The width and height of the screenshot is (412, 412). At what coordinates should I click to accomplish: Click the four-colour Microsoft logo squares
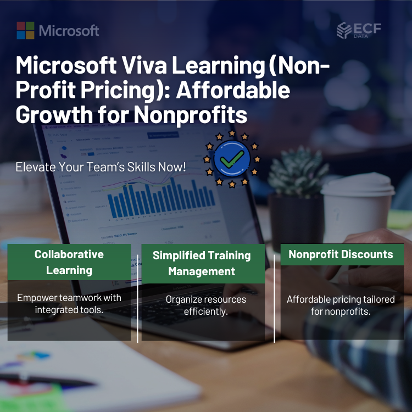(x=25, y=30)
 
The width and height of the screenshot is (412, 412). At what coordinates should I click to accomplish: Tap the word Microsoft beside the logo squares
(x=69, y=31)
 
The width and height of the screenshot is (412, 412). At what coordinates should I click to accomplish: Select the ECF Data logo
(x=360, y=30)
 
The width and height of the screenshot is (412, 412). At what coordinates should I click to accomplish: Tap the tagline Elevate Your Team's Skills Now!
(x=101, y=167)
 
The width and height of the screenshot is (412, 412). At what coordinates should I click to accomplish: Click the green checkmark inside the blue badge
(x=232, y=159)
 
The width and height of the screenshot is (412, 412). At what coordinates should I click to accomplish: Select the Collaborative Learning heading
(x=69, y=262)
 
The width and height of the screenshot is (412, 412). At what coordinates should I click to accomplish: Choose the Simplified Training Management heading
(x=202, y=263)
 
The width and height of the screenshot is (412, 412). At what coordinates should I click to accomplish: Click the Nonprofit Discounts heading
(x=341, y=254)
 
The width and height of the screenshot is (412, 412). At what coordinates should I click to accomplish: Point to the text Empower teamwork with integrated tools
(x=69, y=304)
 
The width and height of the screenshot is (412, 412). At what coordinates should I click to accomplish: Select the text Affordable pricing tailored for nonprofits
(x=341, y=305)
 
